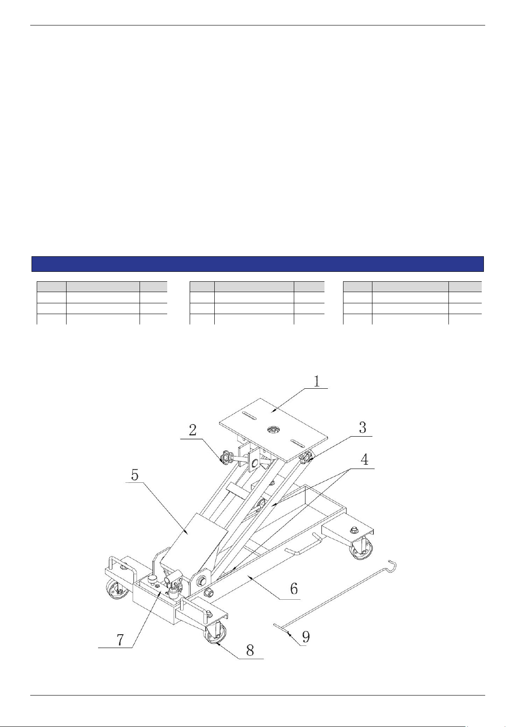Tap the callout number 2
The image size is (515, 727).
193,430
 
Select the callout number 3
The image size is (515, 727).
362,428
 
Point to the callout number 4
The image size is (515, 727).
365,459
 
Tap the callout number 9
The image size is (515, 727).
306,637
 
